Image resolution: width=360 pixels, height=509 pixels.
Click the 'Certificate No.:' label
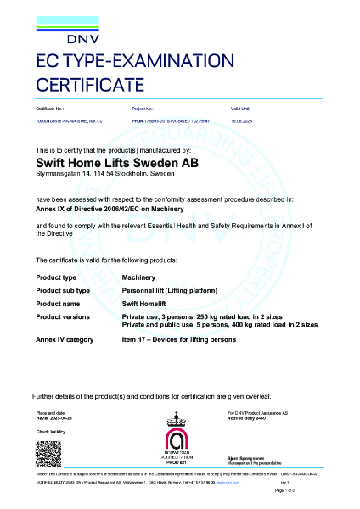point(50,110)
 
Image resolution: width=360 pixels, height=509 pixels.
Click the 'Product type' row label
point(56,277)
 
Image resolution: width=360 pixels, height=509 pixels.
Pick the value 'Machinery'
point(139,277)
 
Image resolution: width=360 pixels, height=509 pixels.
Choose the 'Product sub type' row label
point(63,291)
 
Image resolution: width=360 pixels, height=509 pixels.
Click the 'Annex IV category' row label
point(65,340)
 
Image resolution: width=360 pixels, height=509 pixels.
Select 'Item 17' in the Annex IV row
point(136,340)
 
